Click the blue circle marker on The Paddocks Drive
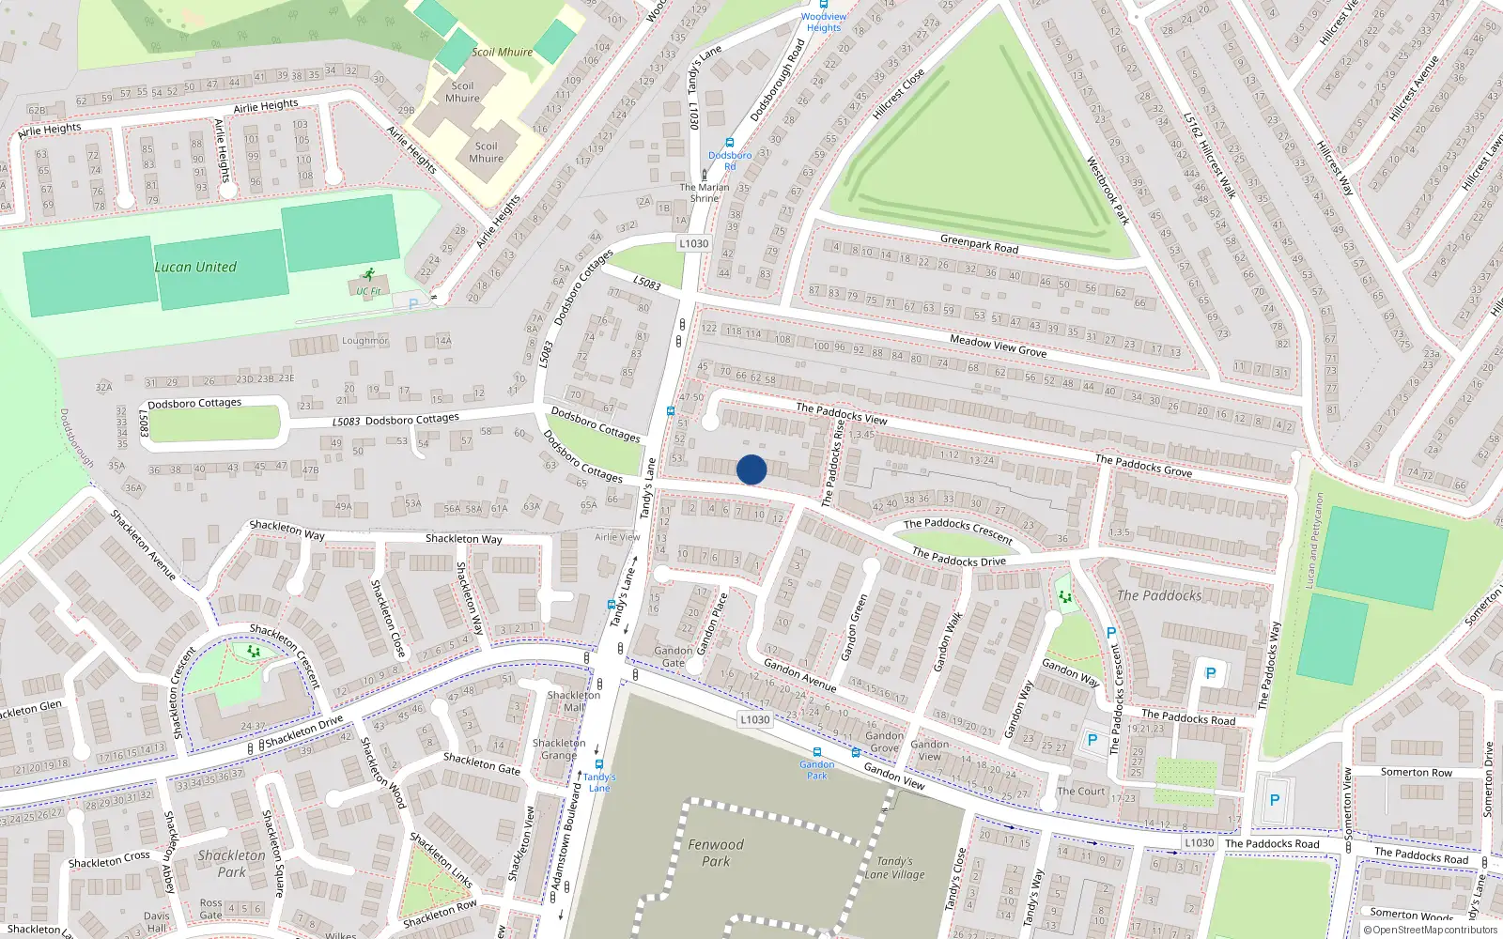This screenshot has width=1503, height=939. (751, 469)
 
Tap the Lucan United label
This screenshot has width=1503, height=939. (195, 267)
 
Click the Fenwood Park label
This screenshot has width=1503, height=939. (715, 853)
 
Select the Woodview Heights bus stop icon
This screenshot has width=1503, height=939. (824, 5)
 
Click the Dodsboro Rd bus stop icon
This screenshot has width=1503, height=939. (730, 143)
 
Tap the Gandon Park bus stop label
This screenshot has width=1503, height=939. (817, 770)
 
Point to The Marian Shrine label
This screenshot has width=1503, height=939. (705, 192)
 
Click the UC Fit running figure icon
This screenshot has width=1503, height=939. (368, 275)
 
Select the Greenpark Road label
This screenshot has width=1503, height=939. (979, 244)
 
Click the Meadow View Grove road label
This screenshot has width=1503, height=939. (998, 346)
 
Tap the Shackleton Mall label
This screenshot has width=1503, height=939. (573, 701)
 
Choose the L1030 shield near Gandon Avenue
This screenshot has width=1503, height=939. (754, 719)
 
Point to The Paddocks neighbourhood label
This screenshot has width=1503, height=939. (1159, 595)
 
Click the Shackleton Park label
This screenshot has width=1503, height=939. (231, 863)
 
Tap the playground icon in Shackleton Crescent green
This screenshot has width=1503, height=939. (253, 651)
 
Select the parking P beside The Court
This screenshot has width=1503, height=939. (1092, 740)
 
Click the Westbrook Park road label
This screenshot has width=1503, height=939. (1108, 191)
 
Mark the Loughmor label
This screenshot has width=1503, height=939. (364, 341)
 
